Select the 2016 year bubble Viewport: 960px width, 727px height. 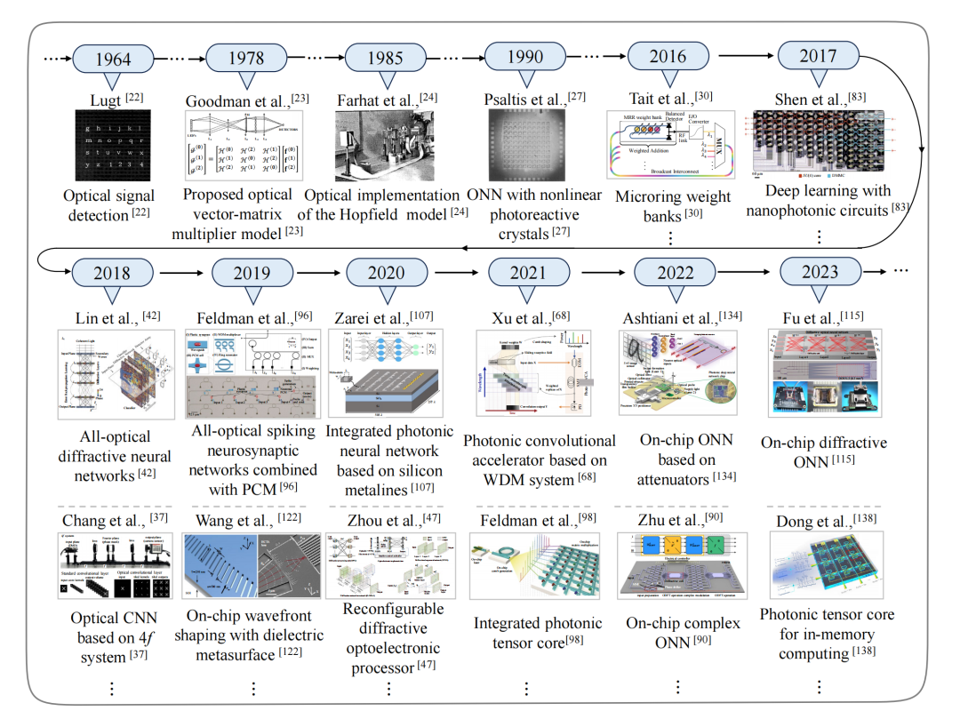tap(667, 56)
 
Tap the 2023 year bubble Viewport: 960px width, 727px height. tap(819, 271)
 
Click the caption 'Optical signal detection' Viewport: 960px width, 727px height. tap(111, 204)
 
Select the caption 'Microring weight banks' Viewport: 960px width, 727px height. tap(673, 205)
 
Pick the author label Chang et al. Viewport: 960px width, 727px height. tap(111, 520)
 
